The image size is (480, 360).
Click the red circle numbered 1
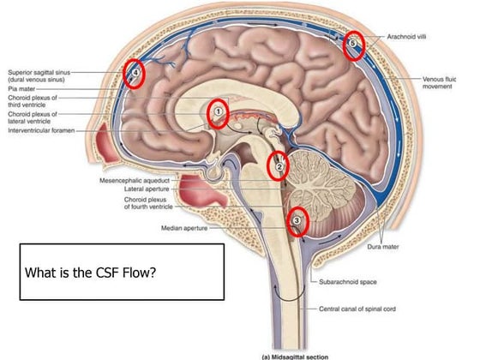click(219, 112)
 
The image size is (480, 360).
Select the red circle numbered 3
click(297, 221)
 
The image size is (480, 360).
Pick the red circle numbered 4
click(135, 75)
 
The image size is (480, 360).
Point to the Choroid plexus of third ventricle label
click(32, 101)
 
